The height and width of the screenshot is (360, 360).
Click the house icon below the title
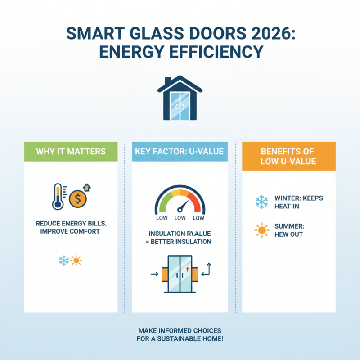[180, 99]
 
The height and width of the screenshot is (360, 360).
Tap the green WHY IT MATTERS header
[71, 152]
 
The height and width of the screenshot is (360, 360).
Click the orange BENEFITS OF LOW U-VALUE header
[288, 156]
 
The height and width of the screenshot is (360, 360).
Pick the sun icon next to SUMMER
[261, 230]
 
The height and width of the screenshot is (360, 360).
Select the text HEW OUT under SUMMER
[288, 234]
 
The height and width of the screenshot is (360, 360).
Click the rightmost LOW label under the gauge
[198, 218]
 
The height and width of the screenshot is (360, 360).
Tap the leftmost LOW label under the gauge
[162, 218]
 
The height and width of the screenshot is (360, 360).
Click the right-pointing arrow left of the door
[154, 273]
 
